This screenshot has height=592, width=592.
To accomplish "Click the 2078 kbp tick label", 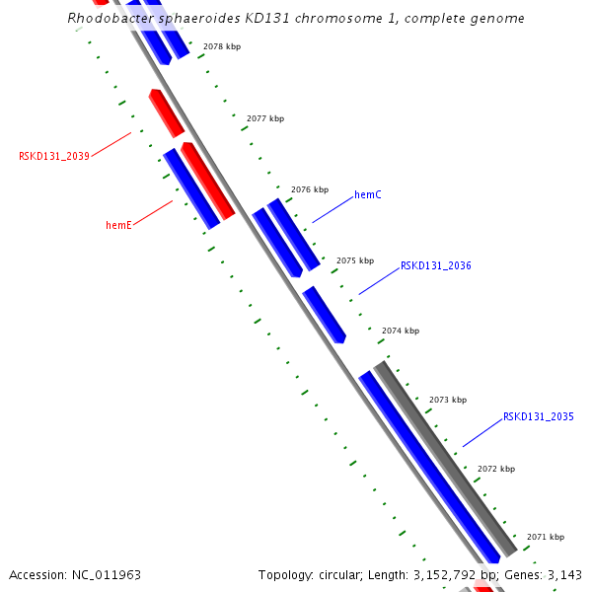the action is click(221, 46).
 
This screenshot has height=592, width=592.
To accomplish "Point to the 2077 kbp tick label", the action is click(264, 118).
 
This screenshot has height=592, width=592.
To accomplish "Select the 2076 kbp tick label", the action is click(309, 189).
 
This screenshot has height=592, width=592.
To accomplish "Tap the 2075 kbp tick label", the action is click(354, 260).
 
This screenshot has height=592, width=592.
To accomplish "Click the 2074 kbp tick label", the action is click(400, 331).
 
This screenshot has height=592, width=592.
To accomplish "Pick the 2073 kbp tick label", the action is click(447, 400).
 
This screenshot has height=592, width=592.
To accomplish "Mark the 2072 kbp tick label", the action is click(495, 469).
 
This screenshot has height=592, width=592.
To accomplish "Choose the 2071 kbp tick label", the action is click(545, 537).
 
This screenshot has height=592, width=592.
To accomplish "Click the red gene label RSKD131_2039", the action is click(54, 156).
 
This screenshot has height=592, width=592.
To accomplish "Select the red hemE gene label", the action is click(118, 225).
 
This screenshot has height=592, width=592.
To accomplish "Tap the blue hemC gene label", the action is click(367, 194).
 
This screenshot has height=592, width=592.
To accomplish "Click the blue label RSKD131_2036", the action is click(435, 265).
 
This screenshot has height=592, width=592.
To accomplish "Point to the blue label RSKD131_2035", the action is click(538, 416).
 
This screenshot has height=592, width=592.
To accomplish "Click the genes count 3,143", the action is click(565, 574).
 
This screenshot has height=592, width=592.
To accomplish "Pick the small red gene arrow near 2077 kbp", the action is click(166, 112).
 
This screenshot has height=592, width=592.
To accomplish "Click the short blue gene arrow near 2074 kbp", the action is click(324, 314).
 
